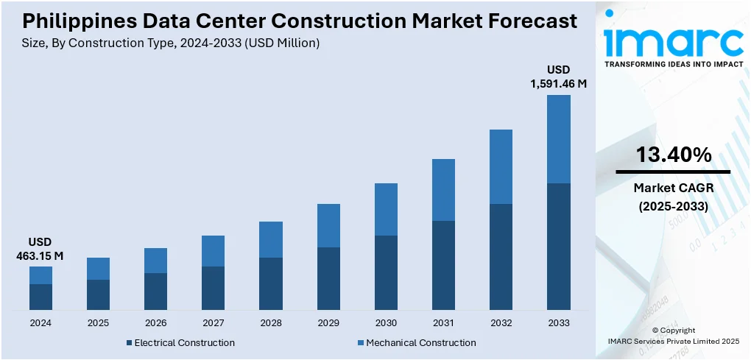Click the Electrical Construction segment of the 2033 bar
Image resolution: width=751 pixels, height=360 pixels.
click(x=558, y=246)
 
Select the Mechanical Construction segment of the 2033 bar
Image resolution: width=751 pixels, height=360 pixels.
click(x=558, y=139)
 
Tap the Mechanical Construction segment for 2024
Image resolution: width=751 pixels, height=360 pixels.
click(x=40, y=275)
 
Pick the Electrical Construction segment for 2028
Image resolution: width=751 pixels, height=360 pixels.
click(x=271, y=283)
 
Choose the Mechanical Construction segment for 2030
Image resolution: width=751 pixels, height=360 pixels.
click(x=386, y=209)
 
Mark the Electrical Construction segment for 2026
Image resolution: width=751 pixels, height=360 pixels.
click(x=155, y=291)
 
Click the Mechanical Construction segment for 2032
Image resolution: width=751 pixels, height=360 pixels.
click(x=501, y=166)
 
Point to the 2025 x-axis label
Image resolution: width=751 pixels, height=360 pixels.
click(x=98, y=322)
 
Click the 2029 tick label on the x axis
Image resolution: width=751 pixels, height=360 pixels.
click(x=328, y=322)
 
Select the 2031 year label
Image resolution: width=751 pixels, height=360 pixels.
click(x=443, y=322)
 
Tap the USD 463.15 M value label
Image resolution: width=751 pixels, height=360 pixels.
click(x=40, y=249)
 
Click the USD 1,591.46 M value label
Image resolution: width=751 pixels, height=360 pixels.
click(x=558, y=77)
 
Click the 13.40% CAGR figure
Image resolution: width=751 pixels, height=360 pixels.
click(x=673, y=155)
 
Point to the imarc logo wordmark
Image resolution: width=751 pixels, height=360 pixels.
click(x=673, y=40)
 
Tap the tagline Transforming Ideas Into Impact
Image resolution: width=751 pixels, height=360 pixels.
click(x=673, y=65)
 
